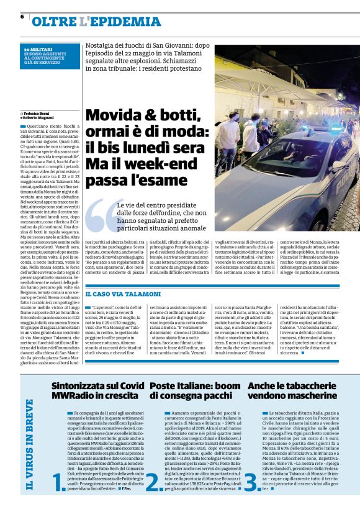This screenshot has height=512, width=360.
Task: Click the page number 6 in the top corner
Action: [x=22, y=16]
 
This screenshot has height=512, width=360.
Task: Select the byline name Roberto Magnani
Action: [x=40, y=119]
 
